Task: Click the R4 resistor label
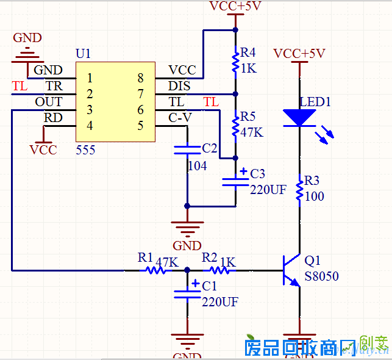(248, 52)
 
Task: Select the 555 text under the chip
(85, 150)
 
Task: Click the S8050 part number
(321, 276)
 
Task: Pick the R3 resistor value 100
(315, 196)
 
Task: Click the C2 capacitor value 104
(197, 165)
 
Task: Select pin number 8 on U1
(140, 77)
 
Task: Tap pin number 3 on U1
(90, 110)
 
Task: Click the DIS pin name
(179, 86)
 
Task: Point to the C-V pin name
(180, 117)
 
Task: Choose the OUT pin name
(49, 102)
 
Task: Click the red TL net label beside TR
(20, 86)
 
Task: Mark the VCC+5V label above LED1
(299, 54)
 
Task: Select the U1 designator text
(84, 54)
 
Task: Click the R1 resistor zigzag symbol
(155, 269)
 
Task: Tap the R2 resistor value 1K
(227, 261)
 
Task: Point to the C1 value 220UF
(219, 301)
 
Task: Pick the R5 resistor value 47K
(252, 132)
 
